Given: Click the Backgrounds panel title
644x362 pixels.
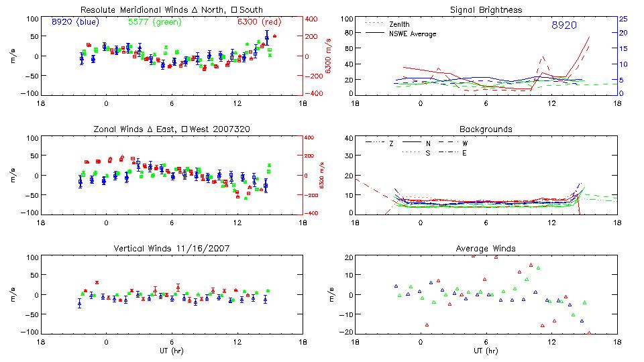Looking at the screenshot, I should [x=486, y=129].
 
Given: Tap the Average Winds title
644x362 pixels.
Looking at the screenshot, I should [x=486, y=249].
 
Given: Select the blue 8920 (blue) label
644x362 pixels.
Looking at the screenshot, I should [x=75, y=22].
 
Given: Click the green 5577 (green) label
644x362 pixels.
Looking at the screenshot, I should [x=153, y=22].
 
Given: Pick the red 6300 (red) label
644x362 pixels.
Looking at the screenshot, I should [x=258, y=22].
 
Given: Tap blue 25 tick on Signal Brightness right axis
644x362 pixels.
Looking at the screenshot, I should [x=623, y=19].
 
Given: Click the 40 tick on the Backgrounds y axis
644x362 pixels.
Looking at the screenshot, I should [x=348, y=139].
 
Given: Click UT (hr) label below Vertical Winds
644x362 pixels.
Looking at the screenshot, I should [x=171, y=351].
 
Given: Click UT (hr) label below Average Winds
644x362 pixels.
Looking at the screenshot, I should [x=486, y=351].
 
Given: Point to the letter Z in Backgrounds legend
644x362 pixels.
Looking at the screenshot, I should [x=392, y=143].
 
